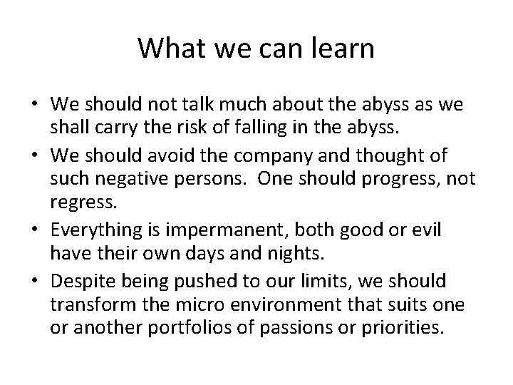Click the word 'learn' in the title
tap(339, 48)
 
